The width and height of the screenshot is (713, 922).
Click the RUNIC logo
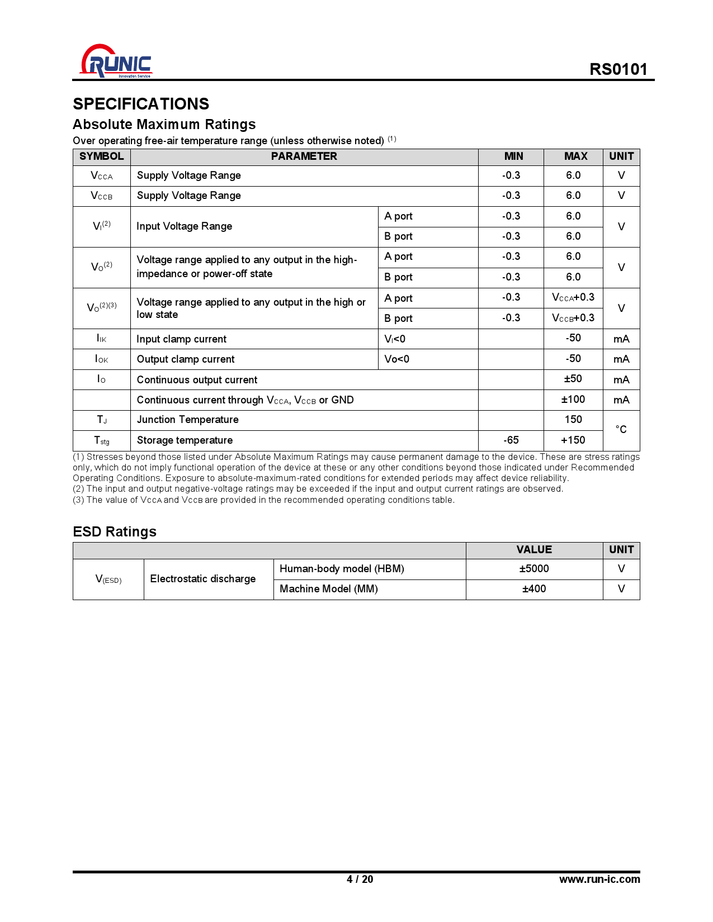116,61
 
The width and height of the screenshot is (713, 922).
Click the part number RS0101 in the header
618,69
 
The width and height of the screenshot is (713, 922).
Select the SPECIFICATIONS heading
141,104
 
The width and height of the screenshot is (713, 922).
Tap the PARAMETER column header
304,156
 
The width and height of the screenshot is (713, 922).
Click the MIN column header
513,156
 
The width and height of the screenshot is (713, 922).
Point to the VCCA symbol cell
102,176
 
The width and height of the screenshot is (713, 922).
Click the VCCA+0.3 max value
573,298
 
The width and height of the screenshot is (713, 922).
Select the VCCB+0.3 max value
573,318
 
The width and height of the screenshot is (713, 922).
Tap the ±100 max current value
573,400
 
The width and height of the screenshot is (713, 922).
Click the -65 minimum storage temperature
511,440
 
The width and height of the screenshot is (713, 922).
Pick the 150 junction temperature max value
573,420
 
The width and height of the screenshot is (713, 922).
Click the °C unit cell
621,430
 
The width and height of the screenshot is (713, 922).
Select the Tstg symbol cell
102,440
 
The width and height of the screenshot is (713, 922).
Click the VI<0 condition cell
395,339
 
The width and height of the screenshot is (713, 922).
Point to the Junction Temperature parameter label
188,420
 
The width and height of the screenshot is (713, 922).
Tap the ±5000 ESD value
534,569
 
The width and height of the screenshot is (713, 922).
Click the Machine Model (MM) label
329,589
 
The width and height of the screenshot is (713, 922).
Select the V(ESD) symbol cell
108,579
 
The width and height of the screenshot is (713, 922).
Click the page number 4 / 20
360,880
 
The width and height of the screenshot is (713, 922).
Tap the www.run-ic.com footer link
599,880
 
